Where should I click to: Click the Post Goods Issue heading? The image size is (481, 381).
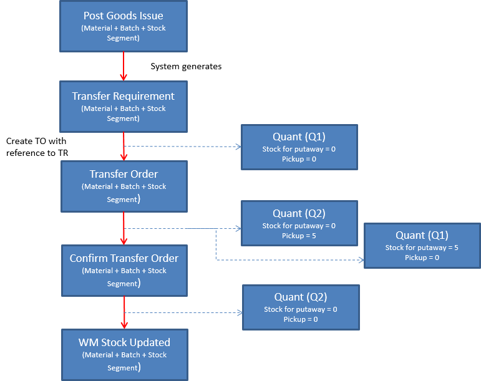(x=124, y=16)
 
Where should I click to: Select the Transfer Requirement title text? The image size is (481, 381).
(x=124, y=96)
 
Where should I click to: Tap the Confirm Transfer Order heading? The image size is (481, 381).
(x=124, y=258)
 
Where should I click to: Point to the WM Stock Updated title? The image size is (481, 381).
(x=124, y=342)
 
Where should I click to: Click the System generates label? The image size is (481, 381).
(x=186, y=67)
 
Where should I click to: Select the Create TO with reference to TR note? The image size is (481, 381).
(x=37, y=147)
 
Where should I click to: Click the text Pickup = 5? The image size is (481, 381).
(x=299, y=236)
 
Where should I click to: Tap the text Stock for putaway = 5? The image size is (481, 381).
(x=422, y=248)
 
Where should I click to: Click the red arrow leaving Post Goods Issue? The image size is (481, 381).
(x=124, y=66)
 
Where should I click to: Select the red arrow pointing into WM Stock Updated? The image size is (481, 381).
(x=124, y=312)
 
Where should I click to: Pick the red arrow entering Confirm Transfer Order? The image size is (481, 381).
(x=124, y=228)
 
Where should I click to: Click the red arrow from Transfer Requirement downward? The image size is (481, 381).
(x=124, y=147)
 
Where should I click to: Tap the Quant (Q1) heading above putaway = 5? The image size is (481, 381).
(x=422, y=236)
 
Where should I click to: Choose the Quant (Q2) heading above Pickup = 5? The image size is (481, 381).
(x=299, y=214)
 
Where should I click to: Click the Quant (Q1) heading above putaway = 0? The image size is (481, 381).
(x=299, y=137)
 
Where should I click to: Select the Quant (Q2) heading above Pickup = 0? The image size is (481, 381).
(x=301, y=297)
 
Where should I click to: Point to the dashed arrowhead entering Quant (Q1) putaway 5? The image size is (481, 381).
(x=361, y=260)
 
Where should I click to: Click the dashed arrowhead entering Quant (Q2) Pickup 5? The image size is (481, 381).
(x=238, y=228)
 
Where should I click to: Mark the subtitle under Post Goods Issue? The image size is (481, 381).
(x=124, y=33)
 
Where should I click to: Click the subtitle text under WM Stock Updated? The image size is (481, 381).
(x=124, y=361)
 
